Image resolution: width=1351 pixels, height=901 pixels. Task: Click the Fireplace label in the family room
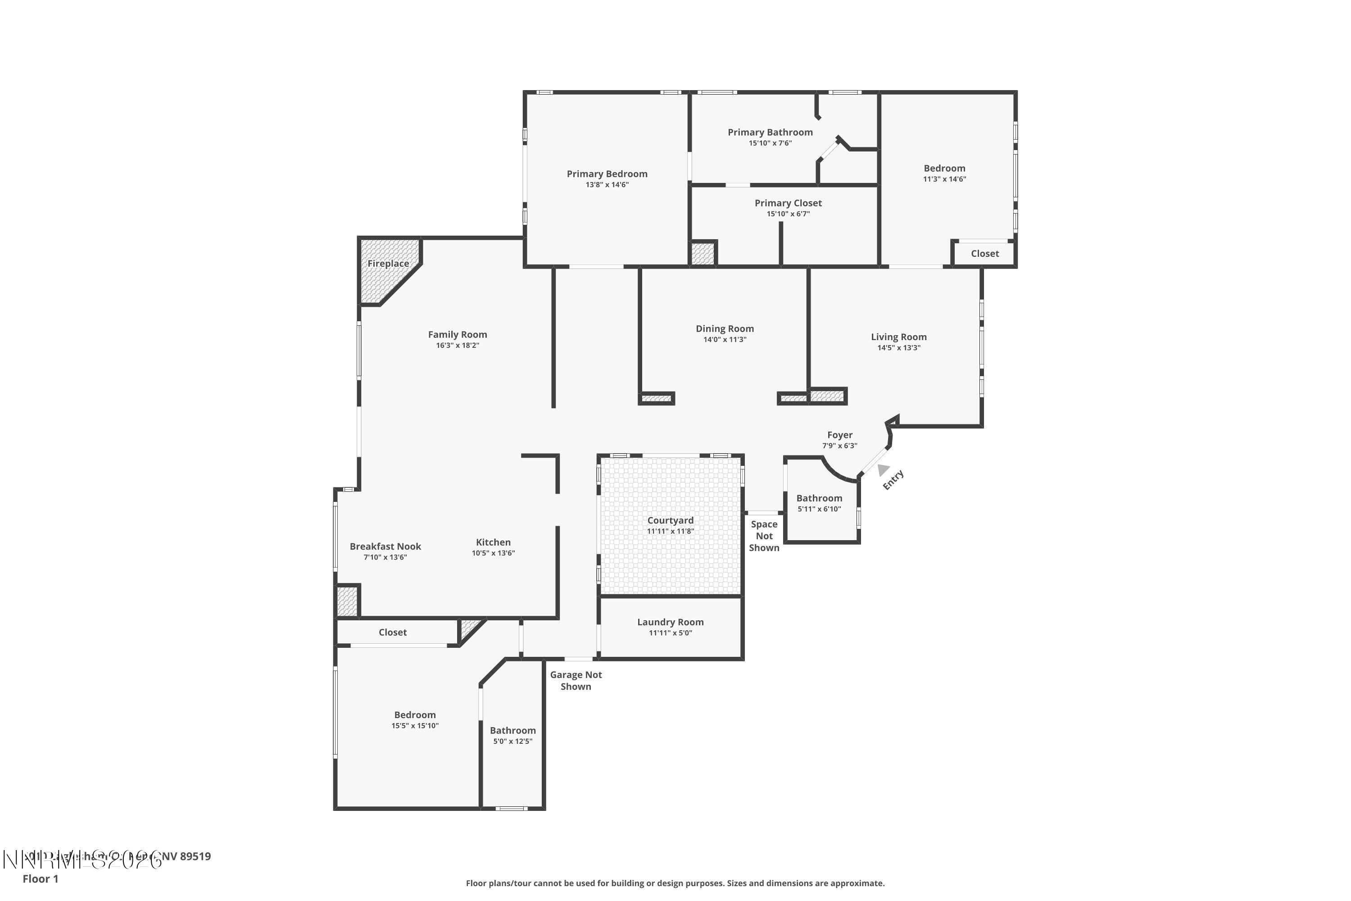click(388, 264)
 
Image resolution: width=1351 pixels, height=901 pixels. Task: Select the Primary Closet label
click(788, 203)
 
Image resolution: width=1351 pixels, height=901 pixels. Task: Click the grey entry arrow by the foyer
click(883, 469)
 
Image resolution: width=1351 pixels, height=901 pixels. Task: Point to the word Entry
click(893, 480)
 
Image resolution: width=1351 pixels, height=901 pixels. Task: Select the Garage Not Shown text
click(576, 681)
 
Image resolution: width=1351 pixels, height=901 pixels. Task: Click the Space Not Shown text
click(764, 536)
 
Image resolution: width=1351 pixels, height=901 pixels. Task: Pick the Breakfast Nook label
click(385, 546)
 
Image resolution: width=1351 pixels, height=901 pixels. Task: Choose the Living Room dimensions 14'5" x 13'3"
click(898, 348)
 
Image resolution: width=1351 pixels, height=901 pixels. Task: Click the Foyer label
click(840, 435)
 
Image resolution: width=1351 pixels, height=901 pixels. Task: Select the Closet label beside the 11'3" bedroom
click(984, 253)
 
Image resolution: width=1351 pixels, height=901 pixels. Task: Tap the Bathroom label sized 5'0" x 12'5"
click(512, 730)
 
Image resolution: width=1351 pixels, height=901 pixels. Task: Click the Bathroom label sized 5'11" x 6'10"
click(819, 498)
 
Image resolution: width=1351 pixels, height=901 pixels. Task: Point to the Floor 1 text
click(40, 878)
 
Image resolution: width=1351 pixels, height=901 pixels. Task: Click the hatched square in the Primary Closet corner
click(702, 253)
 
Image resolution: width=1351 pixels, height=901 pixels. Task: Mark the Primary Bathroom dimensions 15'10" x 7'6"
click(770, 144)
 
